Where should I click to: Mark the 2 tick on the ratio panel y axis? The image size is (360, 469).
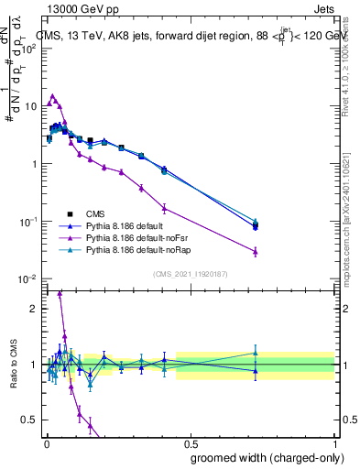coord(34,309)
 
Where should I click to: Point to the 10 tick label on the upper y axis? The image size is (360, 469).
coord(29,106)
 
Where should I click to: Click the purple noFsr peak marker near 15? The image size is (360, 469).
coord(53,95)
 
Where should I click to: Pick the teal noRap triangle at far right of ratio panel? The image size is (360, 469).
coord(256,352)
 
